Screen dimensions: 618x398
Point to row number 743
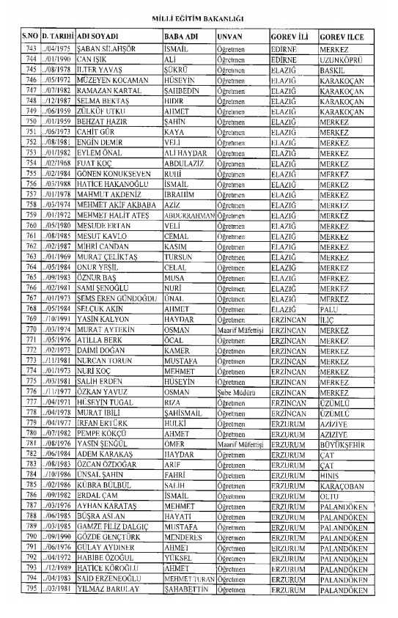(30, 48)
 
